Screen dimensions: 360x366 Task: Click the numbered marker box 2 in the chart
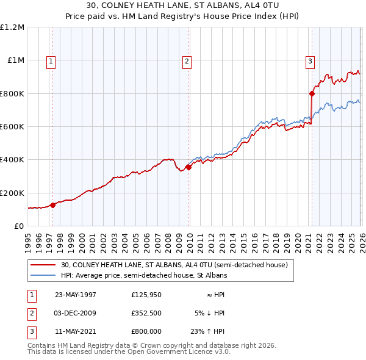click(x=186, y=61)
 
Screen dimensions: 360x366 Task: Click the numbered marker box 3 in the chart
click(x=310, y=61)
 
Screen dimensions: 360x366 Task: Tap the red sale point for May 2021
click(x=312, y=94)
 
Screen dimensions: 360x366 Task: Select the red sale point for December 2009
click(x=188, y=168)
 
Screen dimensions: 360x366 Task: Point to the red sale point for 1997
click(x=53, y=205)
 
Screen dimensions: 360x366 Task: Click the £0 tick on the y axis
click(x=18, y=226)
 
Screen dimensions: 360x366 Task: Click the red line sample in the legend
click(x=43, y=265)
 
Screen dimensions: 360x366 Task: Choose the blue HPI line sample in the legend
click(x=43, y=275)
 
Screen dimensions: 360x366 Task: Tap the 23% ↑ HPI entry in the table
click(x=210, y=332)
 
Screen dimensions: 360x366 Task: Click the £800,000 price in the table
click(x=146, y=332)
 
